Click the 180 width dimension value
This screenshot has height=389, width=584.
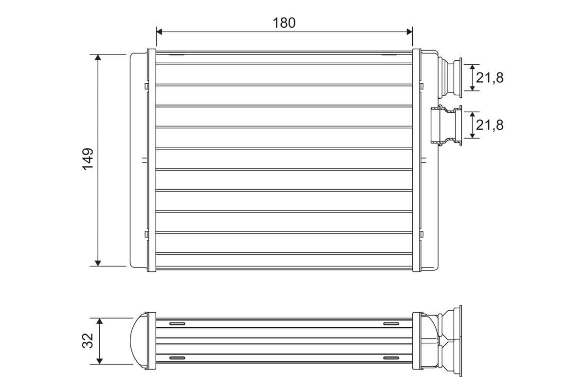[284, 23]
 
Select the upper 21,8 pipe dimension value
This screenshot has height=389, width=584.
[490, 78]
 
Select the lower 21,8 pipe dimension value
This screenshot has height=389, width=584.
[490, 125]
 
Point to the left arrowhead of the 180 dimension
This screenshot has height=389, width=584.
[159, 32]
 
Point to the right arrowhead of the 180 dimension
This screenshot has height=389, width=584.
[410, 32]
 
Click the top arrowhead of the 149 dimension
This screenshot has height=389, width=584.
[98, 57]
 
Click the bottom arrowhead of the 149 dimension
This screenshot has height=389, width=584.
[98, 263]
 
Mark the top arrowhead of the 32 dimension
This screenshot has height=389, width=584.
[99, 321]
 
